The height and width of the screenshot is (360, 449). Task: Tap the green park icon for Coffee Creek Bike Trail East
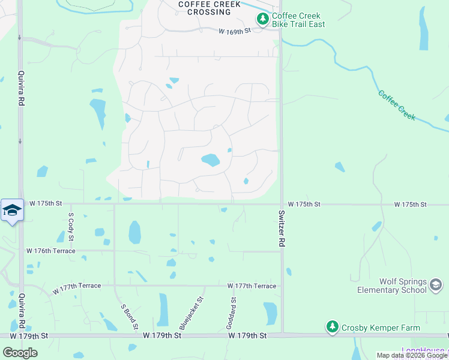pos(262,20)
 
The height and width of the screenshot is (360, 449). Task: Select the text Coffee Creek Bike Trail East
pos(298,20)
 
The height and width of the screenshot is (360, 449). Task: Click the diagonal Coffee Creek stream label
pos(397,105)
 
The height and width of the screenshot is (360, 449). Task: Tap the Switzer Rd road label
pos(281,229)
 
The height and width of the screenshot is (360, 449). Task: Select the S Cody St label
pos(71,226)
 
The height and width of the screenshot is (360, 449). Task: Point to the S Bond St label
pos(130,316)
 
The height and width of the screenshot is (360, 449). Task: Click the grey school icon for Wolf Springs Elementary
pos(436,284)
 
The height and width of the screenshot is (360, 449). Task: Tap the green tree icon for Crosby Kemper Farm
pos(332,327)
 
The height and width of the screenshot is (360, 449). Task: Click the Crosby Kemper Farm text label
pos(371,328)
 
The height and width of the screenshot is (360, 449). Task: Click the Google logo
pos(20,352)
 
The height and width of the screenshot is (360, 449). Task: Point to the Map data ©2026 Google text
pos(412,355)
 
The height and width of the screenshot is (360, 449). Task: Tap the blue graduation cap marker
pos(12,210)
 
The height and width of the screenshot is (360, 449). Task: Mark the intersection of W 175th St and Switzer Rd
pos(281,204)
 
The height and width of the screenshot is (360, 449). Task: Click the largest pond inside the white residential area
pos(210,160)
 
